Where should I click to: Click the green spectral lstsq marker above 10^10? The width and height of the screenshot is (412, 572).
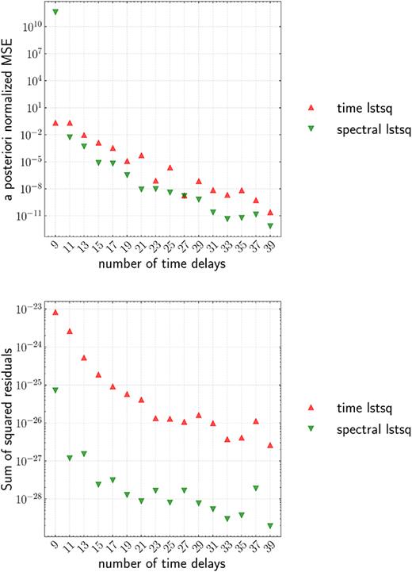[x=55, y=12]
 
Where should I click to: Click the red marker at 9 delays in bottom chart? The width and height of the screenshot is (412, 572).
[x=55, y=313]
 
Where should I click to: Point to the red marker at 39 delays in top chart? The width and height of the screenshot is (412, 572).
[x=270, y=213]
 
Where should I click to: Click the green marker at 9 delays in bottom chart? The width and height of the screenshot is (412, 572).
[x=55, y=390]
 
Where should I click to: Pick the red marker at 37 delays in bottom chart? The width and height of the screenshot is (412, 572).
[x=256, y=421]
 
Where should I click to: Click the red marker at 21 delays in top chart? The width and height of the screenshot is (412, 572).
[x=141, y=155]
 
